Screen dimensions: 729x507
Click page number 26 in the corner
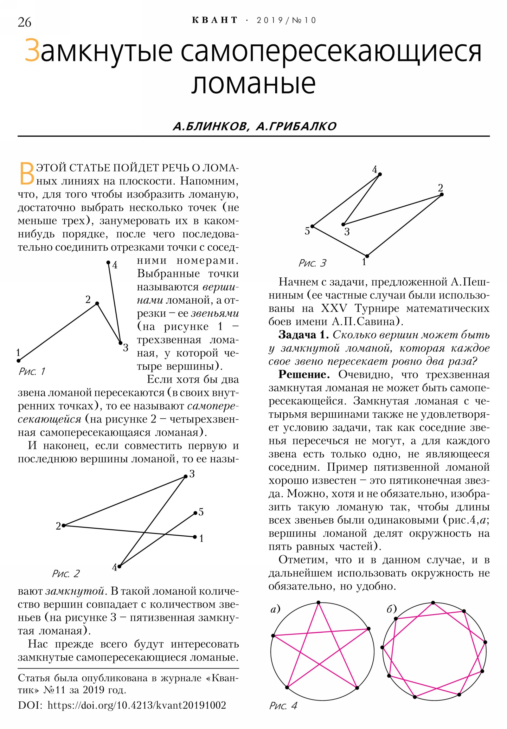24,22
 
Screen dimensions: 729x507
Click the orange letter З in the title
32,51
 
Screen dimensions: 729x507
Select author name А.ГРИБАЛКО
296,126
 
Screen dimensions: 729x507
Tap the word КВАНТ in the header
215,20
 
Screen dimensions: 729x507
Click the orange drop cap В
27,173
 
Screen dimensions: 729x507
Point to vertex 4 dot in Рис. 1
108,262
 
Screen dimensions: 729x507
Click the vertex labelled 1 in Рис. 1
19,360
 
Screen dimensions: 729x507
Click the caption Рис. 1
32,371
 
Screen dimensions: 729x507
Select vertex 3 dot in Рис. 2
185,476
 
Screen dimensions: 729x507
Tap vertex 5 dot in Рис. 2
195,513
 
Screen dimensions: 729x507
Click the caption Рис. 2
66,573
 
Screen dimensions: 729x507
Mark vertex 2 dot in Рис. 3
442,194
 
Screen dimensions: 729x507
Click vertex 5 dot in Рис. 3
312,226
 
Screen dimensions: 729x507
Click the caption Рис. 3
312,263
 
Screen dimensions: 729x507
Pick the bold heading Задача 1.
303,335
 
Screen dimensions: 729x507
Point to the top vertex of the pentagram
318,602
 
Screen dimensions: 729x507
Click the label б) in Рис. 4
391,609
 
